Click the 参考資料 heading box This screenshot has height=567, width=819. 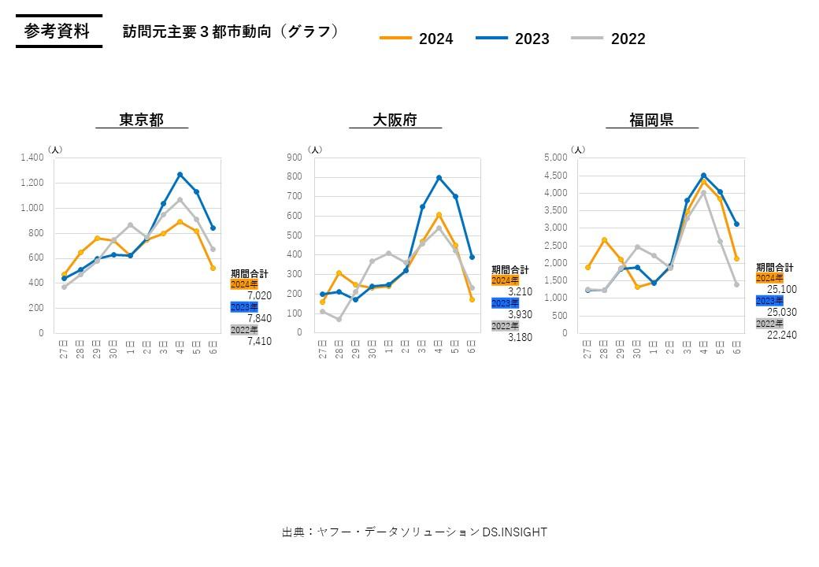click(57, 31)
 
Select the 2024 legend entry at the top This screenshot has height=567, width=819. click(417, 39)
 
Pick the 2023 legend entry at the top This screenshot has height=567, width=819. click(513, 39)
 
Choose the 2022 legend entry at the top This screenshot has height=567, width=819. click(610, 39)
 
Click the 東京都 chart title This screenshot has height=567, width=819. click(142, 120)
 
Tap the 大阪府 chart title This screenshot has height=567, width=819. click(395, 120)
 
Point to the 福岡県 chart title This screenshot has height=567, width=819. click(651, 120)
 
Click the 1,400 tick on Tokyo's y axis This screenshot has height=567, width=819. click(32, 157)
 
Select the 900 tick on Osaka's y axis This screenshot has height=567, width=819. click(295, 157)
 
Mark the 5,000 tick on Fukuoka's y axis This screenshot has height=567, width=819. click(555, 157)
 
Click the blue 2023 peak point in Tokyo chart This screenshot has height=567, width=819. click(180, 174)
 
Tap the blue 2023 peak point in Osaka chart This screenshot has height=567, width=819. click(439, 178)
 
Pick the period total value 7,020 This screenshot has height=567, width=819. click(259, 296)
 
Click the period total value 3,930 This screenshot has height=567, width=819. click(520, 314)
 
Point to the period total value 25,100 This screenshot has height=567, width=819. click(782, 290)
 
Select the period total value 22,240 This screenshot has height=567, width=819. click(782, 335)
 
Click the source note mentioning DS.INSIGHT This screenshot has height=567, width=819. click(414, 532)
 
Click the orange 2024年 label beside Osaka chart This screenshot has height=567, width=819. click(505, 280)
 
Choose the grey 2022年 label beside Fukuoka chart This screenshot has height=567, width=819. click(769, 323)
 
